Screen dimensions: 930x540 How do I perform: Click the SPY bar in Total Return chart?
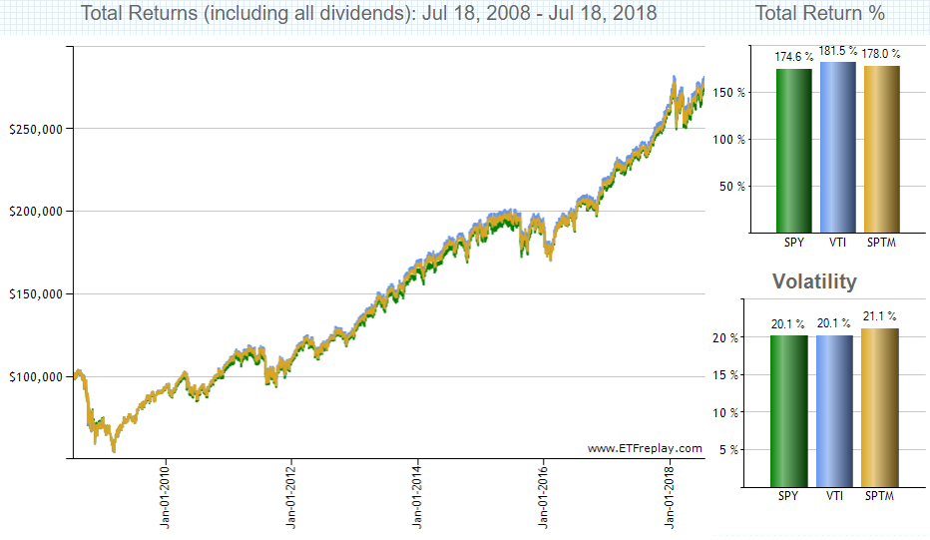(x=794, y=151)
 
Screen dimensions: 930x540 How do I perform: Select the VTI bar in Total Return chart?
(x=838, y=147)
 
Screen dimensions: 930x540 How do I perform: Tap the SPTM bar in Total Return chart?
(x=882, y=149)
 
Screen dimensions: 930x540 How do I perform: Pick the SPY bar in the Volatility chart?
(x=789, y=411)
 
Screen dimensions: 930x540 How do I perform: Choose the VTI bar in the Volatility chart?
(x=834, y=411)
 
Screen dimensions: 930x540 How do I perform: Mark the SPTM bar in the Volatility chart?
(x=879, y=407)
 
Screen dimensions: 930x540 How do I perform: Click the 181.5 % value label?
(x=838, y=51)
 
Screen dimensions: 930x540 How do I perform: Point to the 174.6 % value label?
(x=794, y=57)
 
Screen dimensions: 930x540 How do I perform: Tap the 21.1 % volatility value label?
(x=879, y=316)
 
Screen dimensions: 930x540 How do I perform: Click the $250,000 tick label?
(x=36, y=130)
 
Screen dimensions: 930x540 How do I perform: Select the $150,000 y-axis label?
(x=36, y=294)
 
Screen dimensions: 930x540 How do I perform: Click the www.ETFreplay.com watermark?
(x=645, y=448)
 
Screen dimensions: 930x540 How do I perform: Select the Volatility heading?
(x=814, y=281)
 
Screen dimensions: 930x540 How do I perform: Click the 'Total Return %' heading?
(x=819, y=12)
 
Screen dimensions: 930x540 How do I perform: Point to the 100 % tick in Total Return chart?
(x=729, y=140)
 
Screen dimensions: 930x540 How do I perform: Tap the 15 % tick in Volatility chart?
(x=725, y=375)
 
